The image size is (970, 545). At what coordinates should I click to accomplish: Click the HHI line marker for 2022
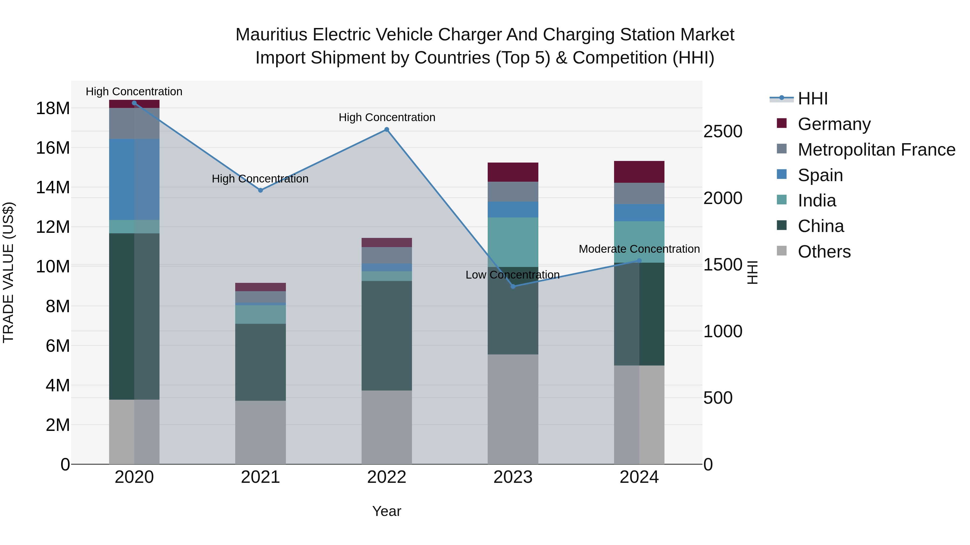[x=386, y=129]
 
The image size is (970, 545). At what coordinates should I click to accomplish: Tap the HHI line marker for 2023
[x=513, y=287]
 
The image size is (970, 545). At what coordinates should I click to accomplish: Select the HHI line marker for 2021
[x=260, y=190]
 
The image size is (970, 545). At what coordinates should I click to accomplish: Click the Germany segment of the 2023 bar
[x=513, y=172]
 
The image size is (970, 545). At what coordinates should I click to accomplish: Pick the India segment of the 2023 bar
[x=513, y=242]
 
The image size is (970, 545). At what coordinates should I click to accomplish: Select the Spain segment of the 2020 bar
[x=134, y=180]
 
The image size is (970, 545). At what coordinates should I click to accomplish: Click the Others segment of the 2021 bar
[x=260, y=432]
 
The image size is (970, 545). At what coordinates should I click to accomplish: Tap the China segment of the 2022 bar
[x=386, y=336]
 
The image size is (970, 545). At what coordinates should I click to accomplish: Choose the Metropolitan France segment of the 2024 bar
[x=639, y=193]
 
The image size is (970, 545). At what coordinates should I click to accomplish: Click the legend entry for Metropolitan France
[x=876, y=150]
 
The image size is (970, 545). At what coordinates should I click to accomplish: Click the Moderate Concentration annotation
[x=639, y=249]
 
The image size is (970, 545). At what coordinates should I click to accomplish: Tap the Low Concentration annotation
[x=512, y=275]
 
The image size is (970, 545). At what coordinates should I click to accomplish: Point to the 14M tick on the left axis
[x=53, y=187]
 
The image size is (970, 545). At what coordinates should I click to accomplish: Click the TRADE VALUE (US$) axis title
[x=9, y=272]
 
